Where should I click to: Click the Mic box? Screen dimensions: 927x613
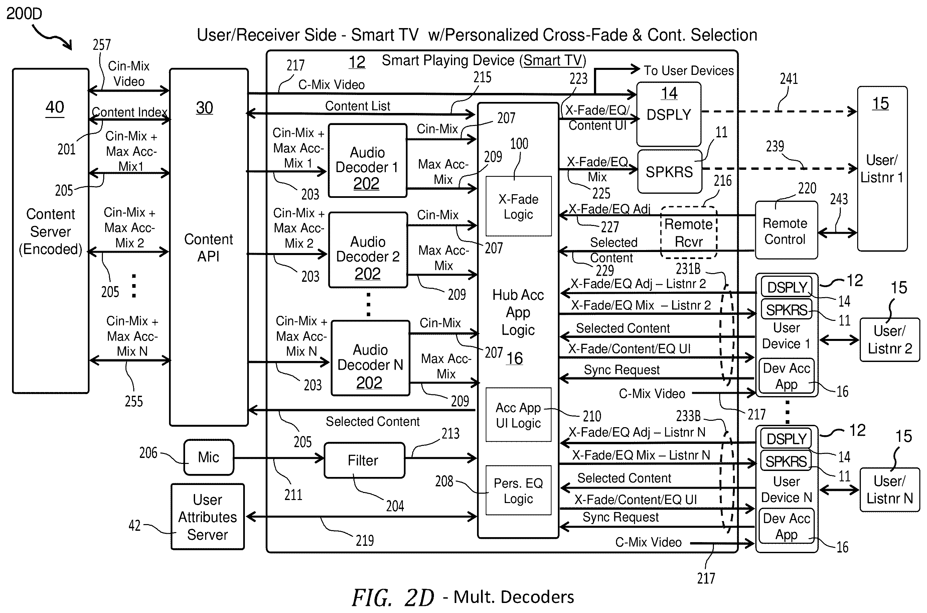208,457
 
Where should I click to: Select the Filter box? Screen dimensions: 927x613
364,460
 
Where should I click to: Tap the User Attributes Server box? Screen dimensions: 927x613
207,516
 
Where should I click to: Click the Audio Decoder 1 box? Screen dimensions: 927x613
367,161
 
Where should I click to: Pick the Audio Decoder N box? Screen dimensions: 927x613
370,358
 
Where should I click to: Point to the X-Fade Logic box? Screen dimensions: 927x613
518,206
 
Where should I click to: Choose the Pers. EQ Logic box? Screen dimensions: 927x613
518,490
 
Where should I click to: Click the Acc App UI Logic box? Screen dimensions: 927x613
518,415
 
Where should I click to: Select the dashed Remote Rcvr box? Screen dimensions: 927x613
689,233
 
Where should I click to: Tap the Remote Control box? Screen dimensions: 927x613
786,230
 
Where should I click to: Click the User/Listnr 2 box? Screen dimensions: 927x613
890,340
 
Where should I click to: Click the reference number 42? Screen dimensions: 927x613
134,525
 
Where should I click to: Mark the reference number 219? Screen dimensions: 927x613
364,541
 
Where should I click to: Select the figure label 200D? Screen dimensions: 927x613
24,14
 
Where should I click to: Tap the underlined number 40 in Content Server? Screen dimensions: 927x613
55,107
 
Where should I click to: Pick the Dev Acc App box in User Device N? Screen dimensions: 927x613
786,526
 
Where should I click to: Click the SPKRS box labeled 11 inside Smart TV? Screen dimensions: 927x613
669,171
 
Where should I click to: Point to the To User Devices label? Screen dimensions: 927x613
689,71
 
